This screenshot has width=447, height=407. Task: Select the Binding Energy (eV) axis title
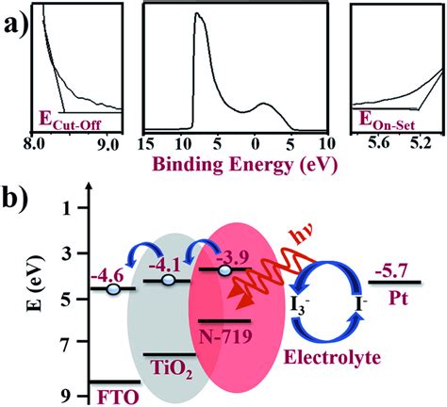coord(246,165)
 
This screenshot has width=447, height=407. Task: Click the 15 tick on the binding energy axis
coord(146,144)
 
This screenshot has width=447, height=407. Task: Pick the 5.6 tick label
coord(379,144)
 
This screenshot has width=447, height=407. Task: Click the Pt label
coord(398,299)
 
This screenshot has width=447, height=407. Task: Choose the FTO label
coord(117,398)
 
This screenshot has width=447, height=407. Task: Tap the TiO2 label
coord(172,369)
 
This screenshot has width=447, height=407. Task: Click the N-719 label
coord(226,336)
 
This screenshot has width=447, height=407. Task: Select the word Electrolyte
coord(332,357)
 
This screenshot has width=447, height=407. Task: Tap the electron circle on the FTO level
coord(113,289)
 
